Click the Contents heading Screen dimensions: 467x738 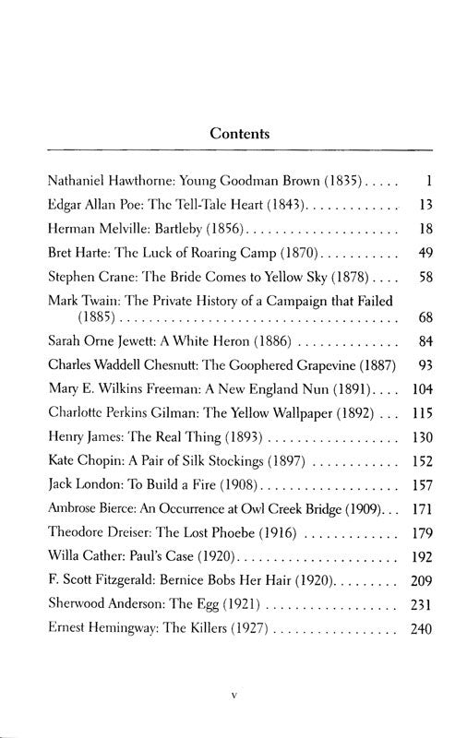240,133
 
